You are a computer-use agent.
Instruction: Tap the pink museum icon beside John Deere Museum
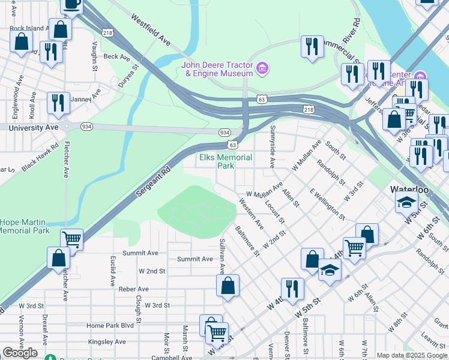click(262, 69)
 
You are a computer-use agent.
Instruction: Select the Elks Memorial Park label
click(226, 161)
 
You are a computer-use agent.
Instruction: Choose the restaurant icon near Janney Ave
click(58, 102)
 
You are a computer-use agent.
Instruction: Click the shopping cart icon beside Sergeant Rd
click(71, 239)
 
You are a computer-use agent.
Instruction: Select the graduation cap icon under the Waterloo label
click(406, 202)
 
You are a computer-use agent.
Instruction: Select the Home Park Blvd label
click(110, 325)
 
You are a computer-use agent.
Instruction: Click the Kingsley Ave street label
click(107, 341)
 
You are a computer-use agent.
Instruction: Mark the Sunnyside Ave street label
click(272, 146)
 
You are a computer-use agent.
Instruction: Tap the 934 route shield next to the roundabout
click(87, 126)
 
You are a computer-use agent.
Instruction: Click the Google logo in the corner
click(20, 353)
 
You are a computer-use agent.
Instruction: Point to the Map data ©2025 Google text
click(412, 355)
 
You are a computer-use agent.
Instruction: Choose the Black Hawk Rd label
click(41, 157)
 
